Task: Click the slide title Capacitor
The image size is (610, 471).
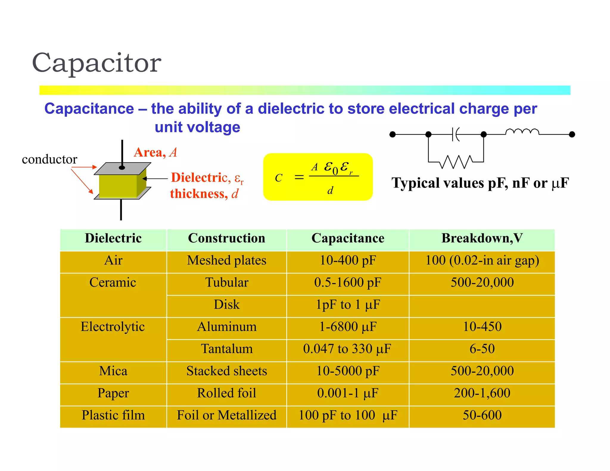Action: (x=97, y=63)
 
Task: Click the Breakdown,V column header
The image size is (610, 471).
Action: (x=482, y=238)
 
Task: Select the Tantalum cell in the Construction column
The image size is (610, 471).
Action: (x=226, y=349)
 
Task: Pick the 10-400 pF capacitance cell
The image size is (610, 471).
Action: (x=348, y=261)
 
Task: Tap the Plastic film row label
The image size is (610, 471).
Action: (x=113, y=415)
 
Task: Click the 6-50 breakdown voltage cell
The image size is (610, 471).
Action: (x=482, y=349)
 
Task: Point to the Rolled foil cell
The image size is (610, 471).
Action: (x=226, y=393)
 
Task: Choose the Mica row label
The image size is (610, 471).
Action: (x=113, y=371)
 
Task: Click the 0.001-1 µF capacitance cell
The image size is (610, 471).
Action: (x=348, y=393)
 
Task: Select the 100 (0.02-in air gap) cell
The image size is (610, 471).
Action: (x=482, y=261)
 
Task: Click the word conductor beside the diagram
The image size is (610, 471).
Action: (x=49, y=160)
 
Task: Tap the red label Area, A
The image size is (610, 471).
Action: (x=155, y=152)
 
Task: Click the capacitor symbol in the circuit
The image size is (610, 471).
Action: (x=455, y=134)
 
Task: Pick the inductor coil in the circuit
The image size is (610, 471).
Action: (x=522, y=132)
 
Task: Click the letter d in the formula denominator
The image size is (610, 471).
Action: (x=330, y=191)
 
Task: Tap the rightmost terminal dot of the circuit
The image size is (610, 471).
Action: (x=572, y=134)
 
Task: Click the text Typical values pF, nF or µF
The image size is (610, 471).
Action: (x=480, y=183)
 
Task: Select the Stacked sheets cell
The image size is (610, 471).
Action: (x=226, y=371)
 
